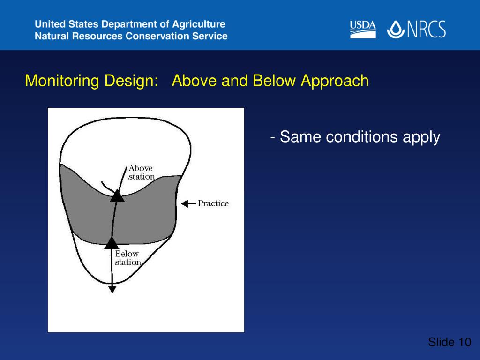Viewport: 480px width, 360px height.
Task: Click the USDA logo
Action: (363, 30)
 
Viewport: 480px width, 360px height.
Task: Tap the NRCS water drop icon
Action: (396, 30)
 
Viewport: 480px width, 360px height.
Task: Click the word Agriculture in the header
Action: (199, 24)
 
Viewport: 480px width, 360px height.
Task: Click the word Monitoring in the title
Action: (62, 81)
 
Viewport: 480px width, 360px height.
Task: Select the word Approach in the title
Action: (335, 81)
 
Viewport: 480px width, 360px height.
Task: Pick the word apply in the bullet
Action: (421, 137)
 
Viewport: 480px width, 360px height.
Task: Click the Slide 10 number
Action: (450, 342)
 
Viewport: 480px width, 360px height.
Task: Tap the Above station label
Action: (142, 172)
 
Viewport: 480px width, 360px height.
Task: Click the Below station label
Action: (127, 258)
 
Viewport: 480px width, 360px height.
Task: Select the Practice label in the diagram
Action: (213, 203)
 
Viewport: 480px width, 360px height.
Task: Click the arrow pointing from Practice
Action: (188, 203)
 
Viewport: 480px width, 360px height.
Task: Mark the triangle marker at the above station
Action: (117, 196)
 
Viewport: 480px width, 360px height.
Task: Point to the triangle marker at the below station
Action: (112, 243)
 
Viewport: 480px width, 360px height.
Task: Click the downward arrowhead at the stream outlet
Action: (112, 289)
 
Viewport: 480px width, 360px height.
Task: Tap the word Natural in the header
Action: (52, 36)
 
